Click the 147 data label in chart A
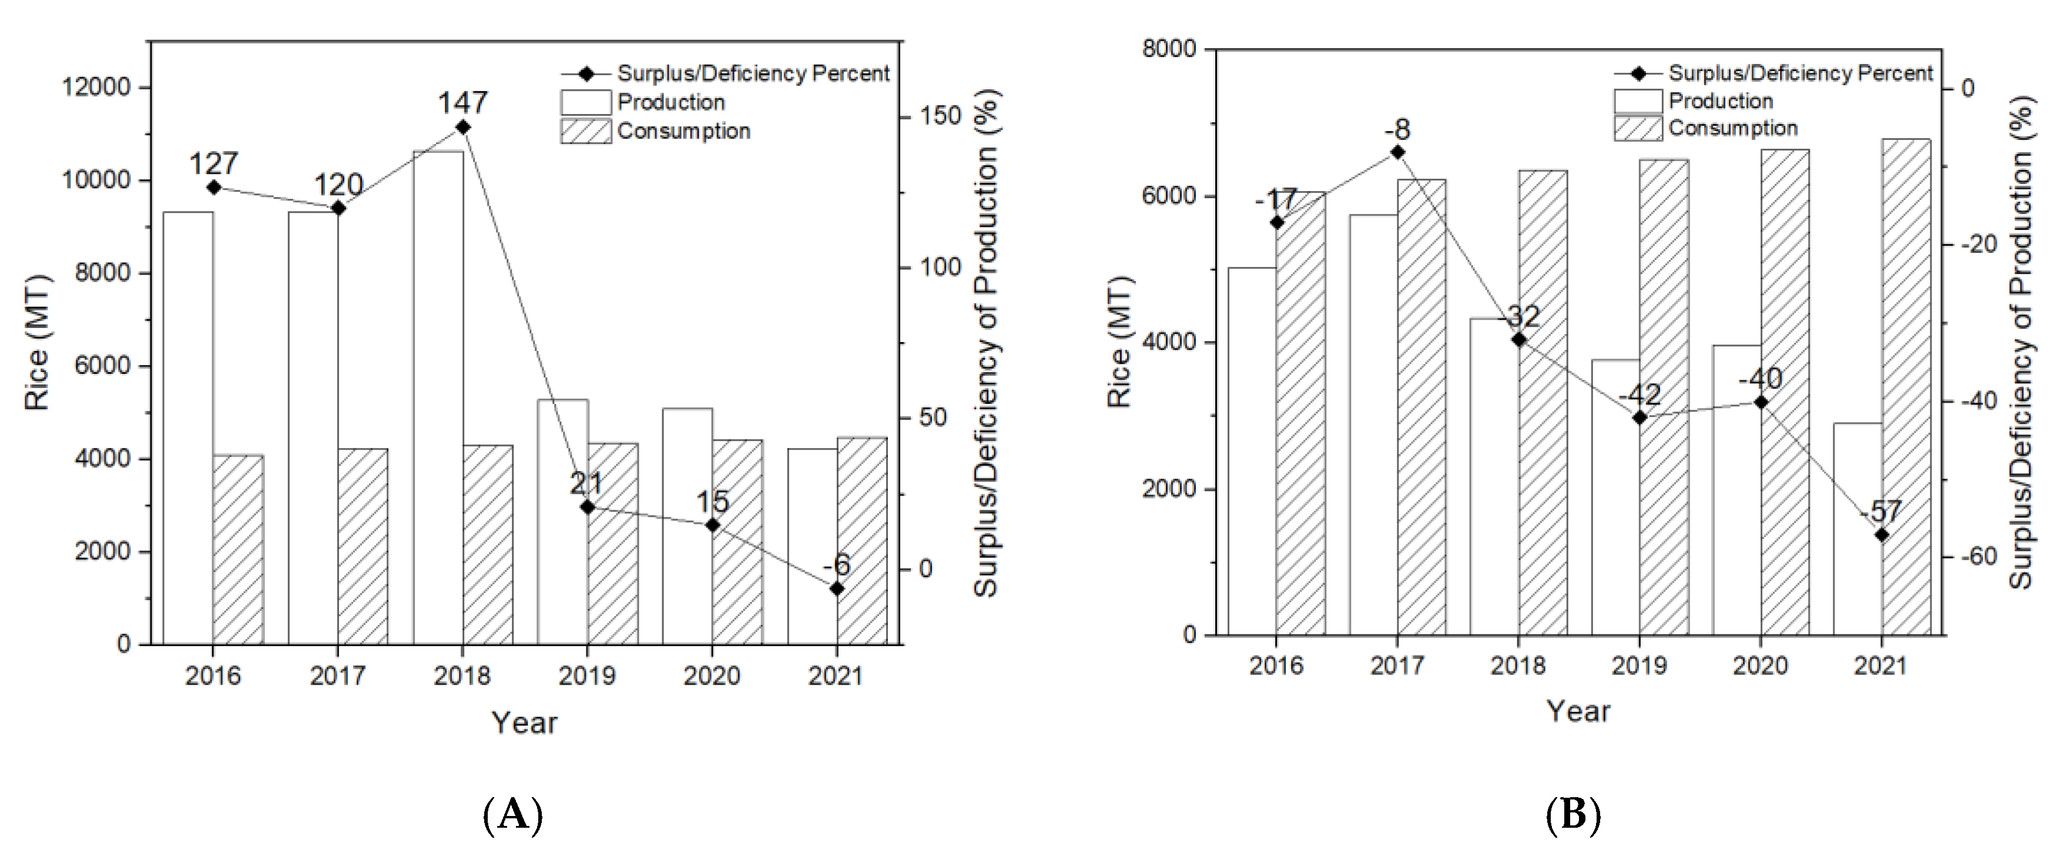pyautogui.click(x=462, y=102)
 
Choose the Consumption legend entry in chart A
pyautogui.click(x=683, y=131)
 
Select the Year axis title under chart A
pyautogui.click(x=524, y=723)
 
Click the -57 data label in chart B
pyautogui.click(x=1880, y=511)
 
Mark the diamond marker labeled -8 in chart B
pyautogui.click(x=1397, y=152)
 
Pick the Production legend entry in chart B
pyautogui.click(x=1720, y=102)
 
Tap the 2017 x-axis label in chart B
pyautogui.click(x=1397, y=666)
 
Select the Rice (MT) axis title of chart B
pyautogui.click(x=1118, y=343)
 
